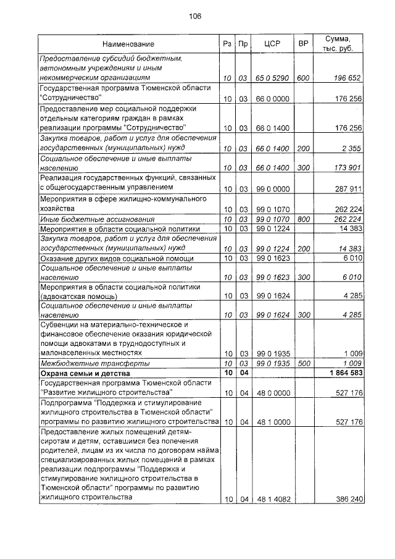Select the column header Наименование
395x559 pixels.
tap(128, 44)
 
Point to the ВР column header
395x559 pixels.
tap(302, 44)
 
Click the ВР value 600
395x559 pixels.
tap(302, 78)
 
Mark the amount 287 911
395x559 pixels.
tap(345, 188)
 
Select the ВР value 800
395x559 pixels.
tap(302, 219)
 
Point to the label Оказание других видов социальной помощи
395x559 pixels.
tap(117, 258)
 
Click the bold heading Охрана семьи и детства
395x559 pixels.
tap(85, 374)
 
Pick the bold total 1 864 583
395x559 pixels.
tap(340, 374)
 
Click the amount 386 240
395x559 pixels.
tap(345, 499)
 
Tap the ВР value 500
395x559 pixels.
tap(302, 364)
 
